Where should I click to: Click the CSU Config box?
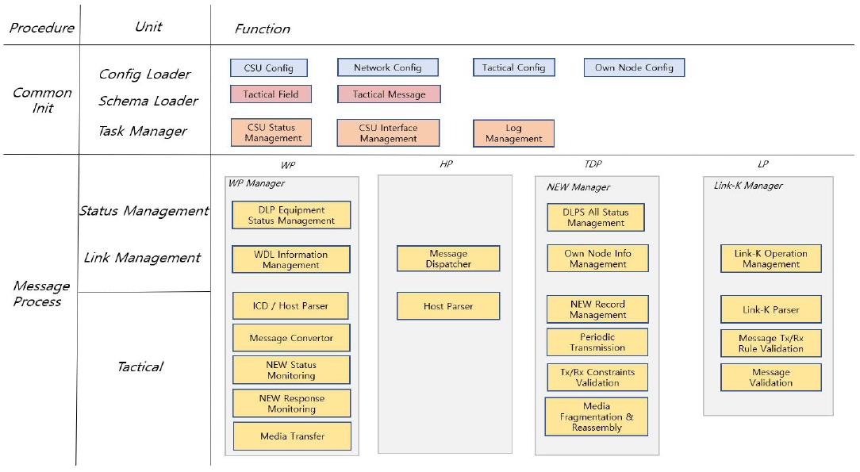pyautogui.click(x=269, y=68)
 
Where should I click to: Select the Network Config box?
pyautogui.click(x=388, y=67)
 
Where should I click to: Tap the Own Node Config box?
pyautogui.click(x=634, y=67)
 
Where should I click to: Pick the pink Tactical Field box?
pyautogui.click(x=271, y=94)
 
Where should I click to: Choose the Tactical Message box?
pyautogui.click(x=389, y=94)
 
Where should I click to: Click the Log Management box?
pyautogui.click(x=513, y=133)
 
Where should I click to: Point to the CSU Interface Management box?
pyautogui.click(x=388, y=133)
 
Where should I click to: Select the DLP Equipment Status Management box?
pyautogui.click(x=291, y=215)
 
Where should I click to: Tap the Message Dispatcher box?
pyautogui.click(x=448, y=259)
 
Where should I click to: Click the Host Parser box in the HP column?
pyautogui.click(x=448, y=306)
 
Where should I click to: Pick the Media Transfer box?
pyautogui.click(x=292, y=436)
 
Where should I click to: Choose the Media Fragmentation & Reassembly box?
pyautogui.click(x=596, y=416)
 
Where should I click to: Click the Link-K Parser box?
pyautogui.click(x=770, y=309)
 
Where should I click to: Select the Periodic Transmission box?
pyautogui.click(x=597, y=342)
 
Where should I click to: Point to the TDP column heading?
pyautogui.click(x=593, y=164)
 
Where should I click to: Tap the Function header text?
pyautogui.click(x=262, y=29)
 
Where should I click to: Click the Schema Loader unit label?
pyautogui.click(x=148, y=101)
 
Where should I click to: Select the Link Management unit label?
pyautogui.click(x=142, y=258)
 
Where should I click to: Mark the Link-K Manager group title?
pyautogui.click(x=748, y=186)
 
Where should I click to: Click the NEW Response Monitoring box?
pyautogui.click(x=292, y=404)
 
